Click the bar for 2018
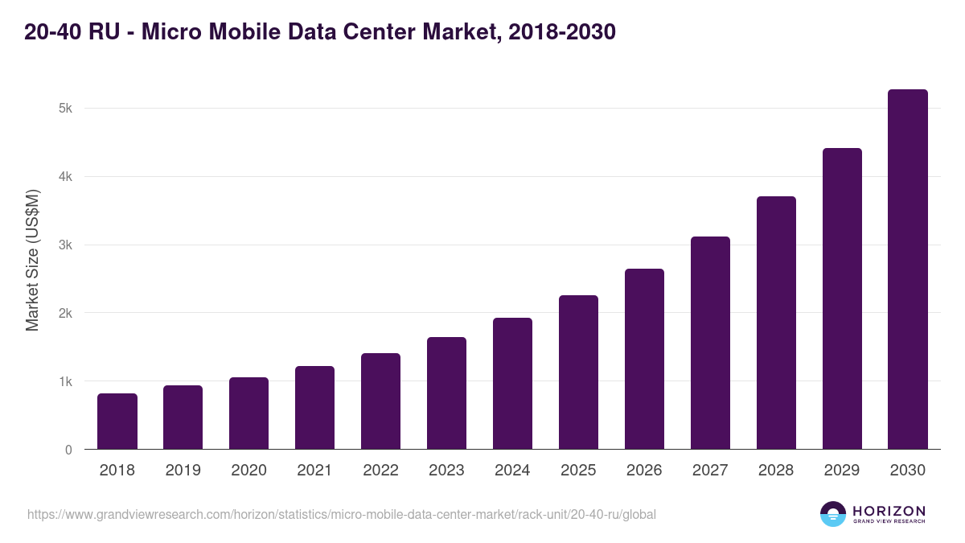point(117,421)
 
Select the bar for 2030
point(907,269)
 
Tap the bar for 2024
point(512,383)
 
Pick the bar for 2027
point(710,343)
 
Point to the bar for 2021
point(314,407)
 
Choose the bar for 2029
point(842,298)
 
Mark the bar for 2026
point(644,359)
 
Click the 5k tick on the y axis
point(65,109)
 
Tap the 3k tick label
point(65,245)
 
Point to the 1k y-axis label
point(65,381)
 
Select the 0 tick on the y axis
point(68,450)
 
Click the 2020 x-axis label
point(248,471)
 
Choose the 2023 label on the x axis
point(446,471)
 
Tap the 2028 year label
point(776,471)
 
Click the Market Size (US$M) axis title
point(32,261)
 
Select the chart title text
point(320,32)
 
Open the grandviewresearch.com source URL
point(342,514)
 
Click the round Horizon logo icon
point(833,514)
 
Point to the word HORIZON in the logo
point(889,511)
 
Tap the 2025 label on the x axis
point(578,471)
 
